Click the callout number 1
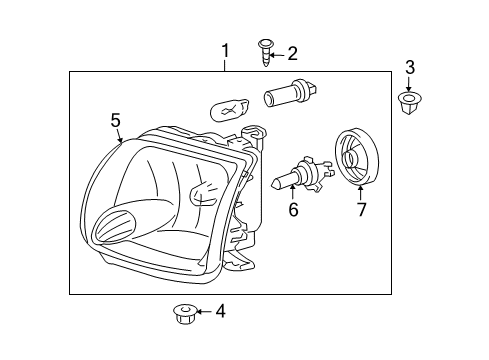[226, 50]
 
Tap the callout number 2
[292, 53]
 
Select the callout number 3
[409, 67]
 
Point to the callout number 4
[220, 311]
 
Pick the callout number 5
[115, 120]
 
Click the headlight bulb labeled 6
[295, 177]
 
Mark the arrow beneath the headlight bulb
[293, 194]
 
